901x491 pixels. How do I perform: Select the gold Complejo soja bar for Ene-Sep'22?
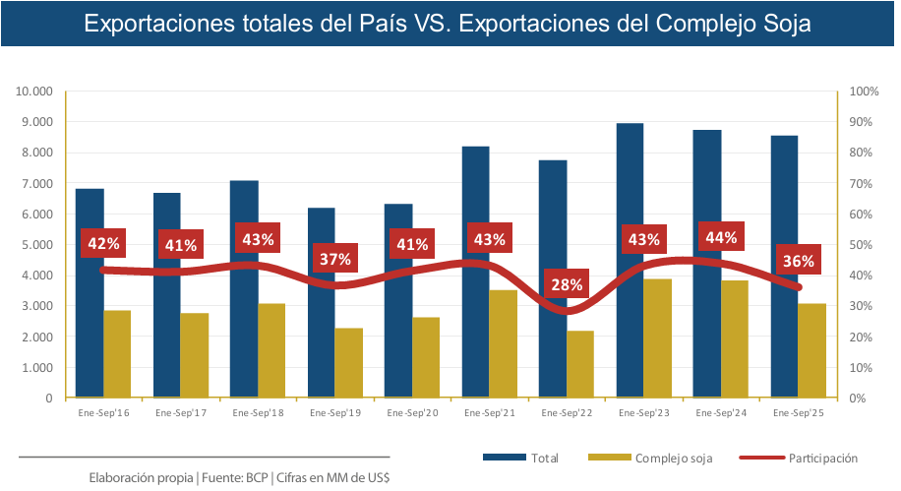pyautogui.click(x=580, y=364)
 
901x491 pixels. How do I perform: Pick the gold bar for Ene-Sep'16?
pyautogui.click(x=117, y=354)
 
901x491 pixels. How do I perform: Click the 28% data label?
pyautogui.click(x=567, y=285)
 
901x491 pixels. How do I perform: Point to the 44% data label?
pyautogui.click(x=721, y=237)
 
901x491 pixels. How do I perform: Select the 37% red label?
pyautogui.click(x=334, y=260)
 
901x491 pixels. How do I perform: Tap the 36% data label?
pyautogui.click(x=798, y=261)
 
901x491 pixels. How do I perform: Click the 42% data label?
pyautogui.click(x=103, y=243)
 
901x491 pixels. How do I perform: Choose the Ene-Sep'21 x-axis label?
pyautogui.click(x=489, y=413)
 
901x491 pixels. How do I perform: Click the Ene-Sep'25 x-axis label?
pyautogui.click(x=799, y=413)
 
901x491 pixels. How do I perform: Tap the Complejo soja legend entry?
pyautogui.click(x=674, y=458)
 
